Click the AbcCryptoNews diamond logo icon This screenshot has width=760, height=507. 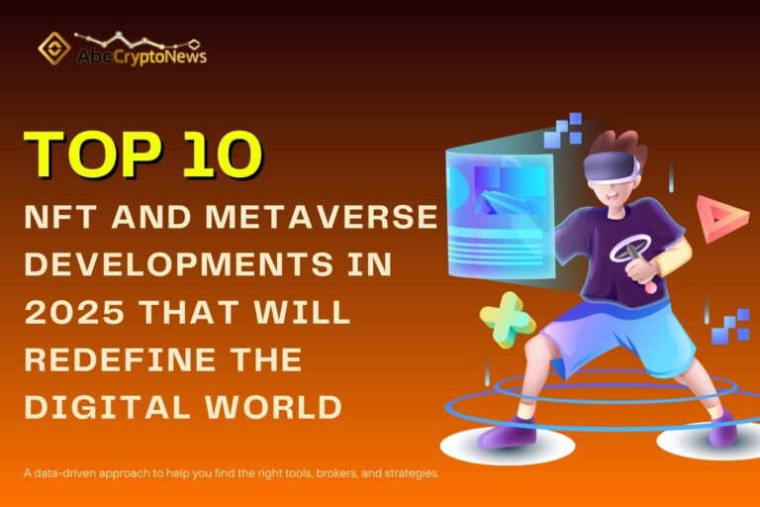(53, 49)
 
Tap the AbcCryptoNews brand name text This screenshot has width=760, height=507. (142, 57)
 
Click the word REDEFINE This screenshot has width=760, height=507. (128, 358)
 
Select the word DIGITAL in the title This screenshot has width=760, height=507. (99, 406)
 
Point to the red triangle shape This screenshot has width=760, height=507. (721, 217)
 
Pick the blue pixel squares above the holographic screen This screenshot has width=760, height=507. (563, 129)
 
